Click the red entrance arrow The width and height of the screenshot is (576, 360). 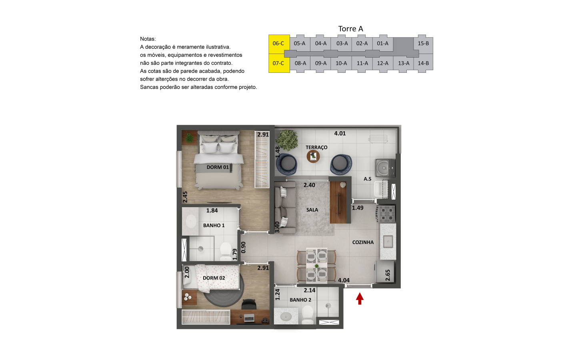pos(360,298)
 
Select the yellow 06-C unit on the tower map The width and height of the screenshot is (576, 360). pos(279,44)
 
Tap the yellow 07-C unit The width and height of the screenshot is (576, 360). pos(279,63)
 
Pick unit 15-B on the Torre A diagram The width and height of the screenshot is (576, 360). pos(423,44)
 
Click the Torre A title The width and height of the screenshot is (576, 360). pos(350,29)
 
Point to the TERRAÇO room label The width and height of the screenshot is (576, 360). pos(316,147)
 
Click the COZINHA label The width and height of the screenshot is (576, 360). pos(363,242)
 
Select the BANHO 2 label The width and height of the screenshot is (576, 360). pos(300,300)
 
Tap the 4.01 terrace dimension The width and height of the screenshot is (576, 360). pos(340,134)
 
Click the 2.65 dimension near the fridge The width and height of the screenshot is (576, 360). pos(388,275)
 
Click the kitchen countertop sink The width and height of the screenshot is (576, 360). pos(388,242)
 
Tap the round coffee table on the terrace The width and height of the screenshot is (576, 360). pos(313,156)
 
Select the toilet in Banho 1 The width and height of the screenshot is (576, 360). pos(226,252)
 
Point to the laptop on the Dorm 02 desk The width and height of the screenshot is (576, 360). pos(249,318)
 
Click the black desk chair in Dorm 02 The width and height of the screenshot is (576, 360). pos(249,304)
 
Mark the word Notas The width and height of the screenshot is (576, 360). pos(148,39)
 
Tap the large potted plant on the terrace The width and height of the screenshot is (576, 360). pos(287,140)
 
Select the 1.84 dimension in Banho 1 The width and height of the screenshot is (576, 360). pos(212,210)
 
